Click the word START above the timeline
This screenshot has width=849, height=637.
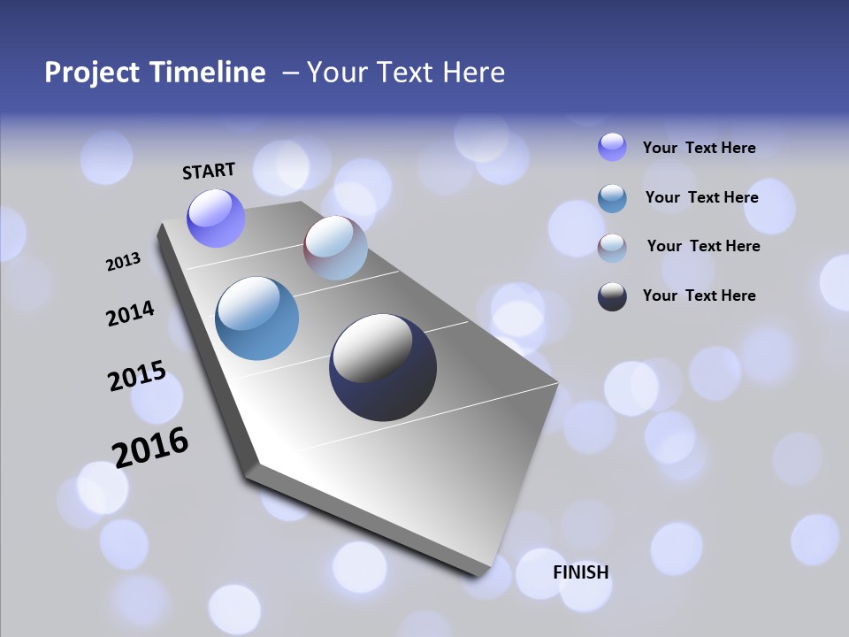point(209,171)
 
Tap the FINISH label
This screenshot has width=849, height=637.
point(581,572)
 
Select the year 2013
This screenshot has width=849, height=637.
point(123,262)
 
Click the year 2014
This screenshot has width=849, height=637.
point(130,314)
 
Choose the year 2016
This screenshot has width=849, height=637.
point(150,448)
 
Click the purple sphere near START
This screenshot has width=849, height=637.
point(216,219)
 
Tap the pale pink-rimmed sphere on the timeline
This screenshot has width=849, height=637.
point(335,248)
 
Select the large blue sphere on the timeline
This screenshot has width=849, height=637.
point(257,318)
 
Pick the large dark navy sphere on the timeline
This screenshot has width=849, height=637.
point(383,367)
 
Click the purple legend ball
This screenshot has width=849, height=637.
point(612,147)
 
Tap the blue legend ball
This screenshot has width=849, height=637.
point(612,198)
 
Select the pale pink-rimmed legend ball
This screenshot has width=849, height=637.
point(612,248)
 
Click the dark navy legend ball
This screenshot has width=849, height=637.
point(612,296)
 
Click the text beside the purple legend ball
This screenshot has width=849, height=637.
point(699,148)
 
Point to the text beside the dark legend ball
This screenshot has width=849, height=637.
point(699,295)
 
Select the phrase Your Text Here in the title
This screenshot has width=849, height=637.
point(406,72)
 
